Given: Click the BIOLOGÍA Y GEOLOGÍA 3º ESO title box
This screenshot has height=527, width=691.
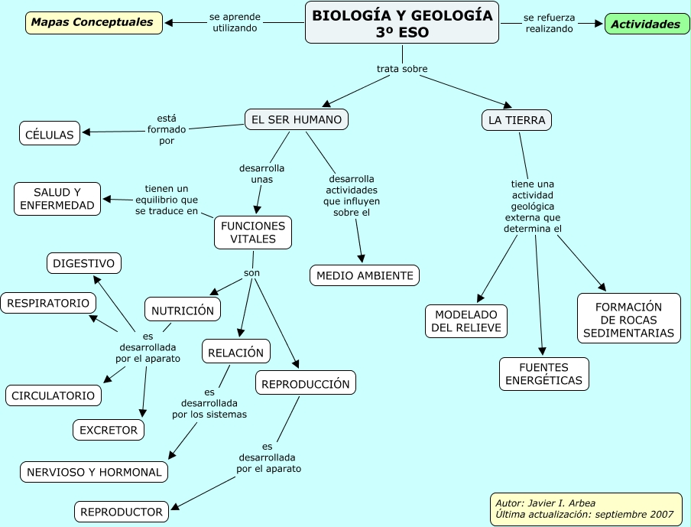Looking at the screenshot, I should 402,23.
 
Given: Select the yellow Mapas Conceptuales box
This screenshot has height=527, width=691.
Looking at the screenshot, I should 93,23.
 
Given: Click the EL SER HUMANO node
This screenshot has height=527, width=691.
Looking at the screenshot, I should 297,119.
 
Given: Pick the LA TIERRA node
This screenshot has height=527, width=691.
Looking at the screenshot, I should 517,120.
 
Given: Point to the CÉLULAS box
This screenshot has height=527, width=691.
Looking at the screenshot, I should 50,135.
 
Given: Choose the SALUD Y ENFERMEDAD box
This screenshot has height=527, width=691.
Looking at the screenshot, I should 57,199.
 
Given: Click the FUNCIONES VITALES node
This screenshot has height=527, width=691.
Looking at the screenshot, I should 253,233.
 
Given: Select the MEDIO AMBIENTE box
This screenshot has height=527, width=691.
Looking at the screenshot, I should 365,275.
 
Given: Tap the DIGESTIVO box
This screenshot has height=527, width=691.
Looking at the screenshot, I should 84,264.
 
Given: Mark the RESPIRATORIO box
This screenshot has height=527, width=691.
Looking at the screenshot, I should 48,303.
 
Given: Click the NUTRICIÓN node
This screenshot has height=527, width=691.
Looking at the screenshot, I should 183,311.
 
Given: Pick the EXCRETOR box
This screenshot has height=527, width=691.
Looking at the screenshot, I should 109,430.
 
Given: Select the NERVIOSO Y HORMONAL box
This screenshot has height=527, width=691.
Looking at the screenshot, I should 94,472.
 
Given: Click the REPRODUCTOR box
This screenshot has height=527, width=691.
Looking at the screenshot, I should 122,512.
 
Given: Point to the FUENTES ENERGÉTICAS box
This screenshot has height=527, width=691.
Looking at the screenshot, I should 544,374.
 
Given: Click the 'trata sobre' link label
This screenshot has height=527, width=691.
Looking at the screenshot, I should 402,69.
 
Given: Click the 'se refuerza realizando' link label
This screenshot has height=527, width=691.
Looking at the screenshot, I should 549,23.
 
